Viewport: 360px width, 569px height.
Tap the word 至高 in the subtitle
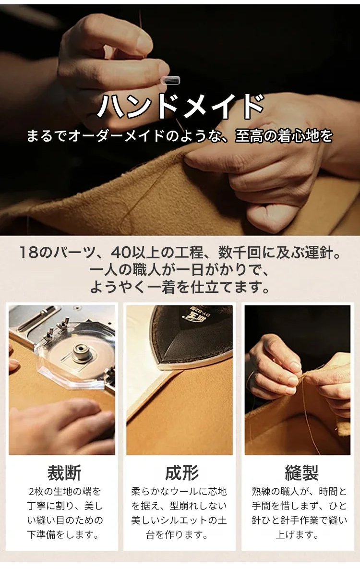tap(250, 136)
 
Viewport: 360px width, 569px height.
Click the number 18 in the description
tap(29, 253)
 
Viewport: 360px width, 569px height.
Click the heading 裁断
tap(64, 473)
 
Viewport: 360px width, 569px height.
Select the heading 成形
tap(181, 473)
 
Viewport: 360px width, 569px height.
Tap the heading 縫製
tap(301, 473)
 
